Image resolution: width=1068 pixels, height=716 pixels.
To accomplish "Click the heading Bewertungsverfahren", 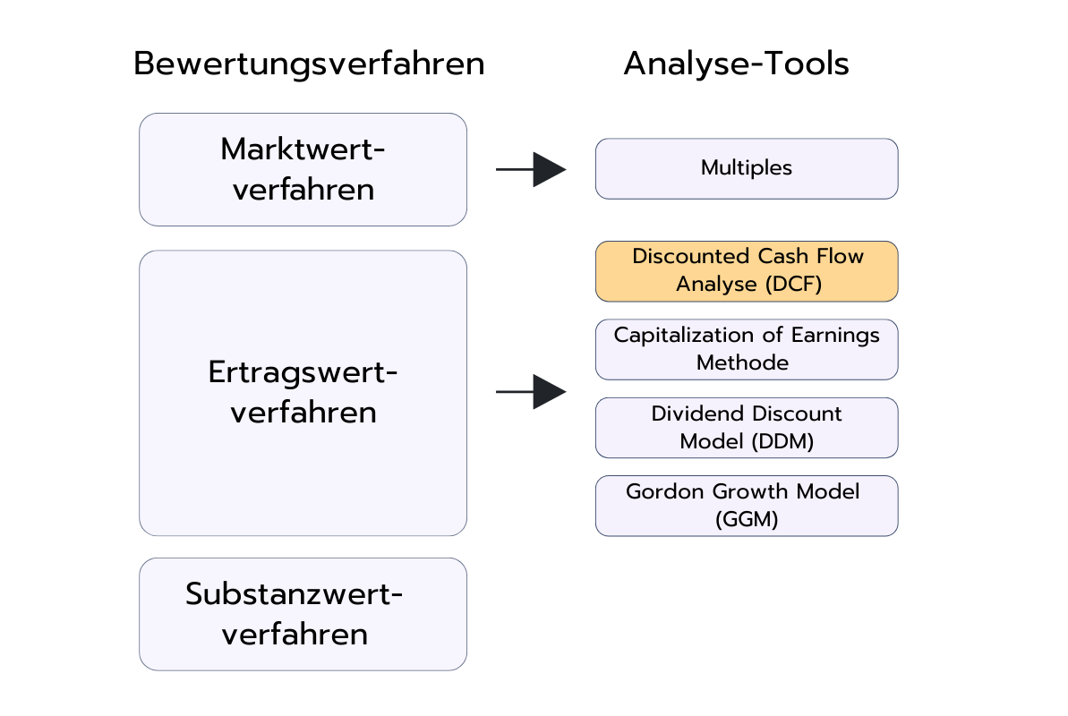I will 309,64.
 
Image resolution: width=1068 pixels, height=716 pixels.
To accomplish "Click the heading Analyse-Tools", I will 736,64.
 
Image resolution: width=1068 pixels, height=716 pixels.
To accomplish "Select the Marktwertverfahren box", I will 303,169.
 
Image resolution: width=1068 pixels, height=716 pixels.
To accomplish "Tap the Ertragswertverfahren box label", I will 303,392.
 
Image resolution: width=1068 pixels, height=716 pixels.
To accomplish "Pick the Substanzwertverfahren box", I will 303,614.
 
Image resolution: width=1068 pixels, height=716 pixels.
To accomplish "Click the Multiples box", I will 746,168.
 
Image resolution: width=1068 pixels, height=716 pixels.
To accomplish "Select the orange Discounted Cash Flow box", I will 746,270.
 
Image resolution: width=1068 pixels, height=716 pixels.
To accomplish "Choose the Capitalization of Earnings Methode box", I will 746,349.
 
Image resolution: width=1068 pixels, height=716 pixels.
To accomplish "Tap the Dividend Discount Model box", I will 746,428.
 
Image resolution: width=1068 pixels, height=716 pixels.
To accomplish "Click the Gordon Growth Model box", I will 746,506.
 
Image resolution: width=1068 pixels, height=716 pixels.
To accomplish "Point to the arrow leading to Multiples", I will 531,169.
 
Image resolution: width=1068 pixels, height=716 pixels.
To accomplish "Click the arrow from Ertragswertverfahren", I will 531,392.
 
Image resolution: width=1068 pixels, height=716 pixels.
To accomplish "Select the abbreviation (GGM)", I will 747,519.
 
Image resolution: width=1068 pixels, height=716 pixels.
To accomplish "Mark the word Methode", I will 742,362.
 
